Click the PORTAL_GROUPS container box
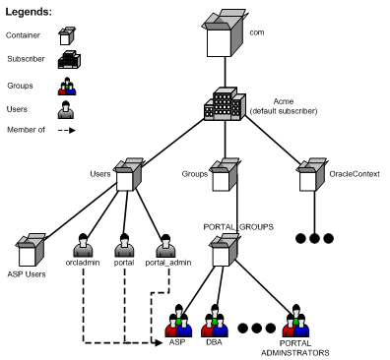click(x=226, y=250)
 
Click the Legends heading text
click(x=32, y=12)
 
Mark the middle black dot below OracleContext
click(x=314, y=238)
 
